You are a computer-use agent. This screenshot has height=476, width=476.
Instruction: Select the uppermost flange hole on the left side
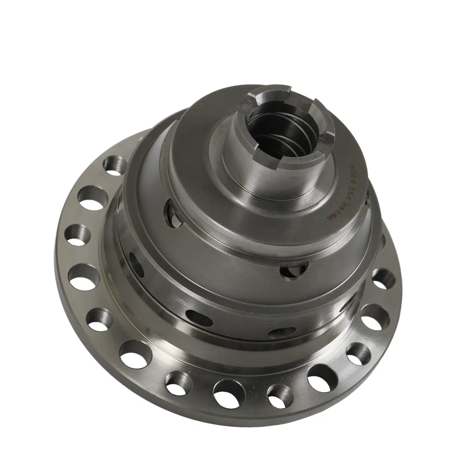coord(114,165)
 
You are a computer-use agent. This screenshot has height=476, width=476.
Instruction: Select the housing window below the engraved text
coord(294,270)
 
